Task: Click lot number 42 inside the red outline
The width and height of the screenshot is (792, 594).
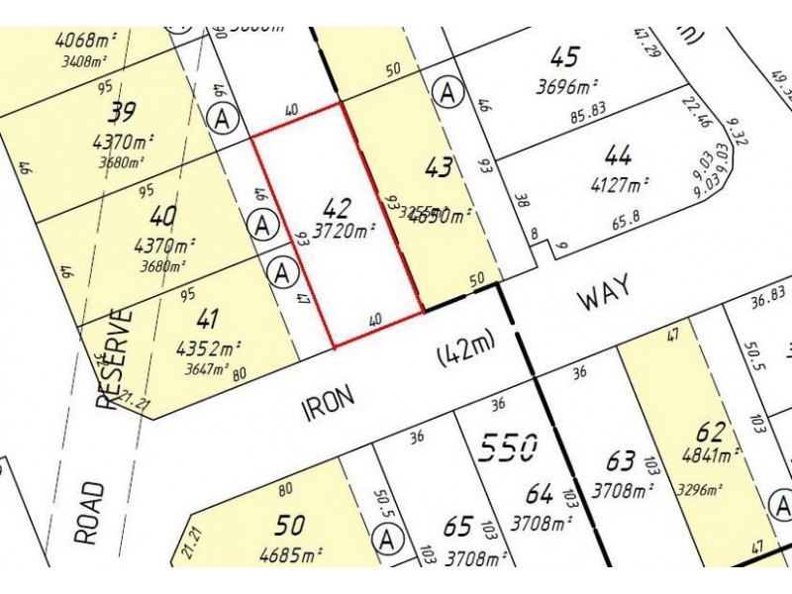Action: tap(337, 208)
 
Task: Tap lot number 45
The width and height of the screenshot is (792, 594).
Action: tap(565, 57)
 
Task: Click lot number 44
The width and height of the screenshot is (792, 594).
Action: tap(618, 155)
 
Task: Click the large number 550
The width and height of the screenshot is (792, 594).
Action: tap(508, 448)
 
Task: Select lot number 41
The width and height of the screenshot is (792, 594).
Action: tap(208, 319)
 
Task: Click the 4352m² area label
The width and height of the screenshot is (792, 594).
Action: tap(208, 347)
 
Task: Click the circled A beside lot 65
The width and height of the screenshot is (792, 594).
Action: tap(387, 541)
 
